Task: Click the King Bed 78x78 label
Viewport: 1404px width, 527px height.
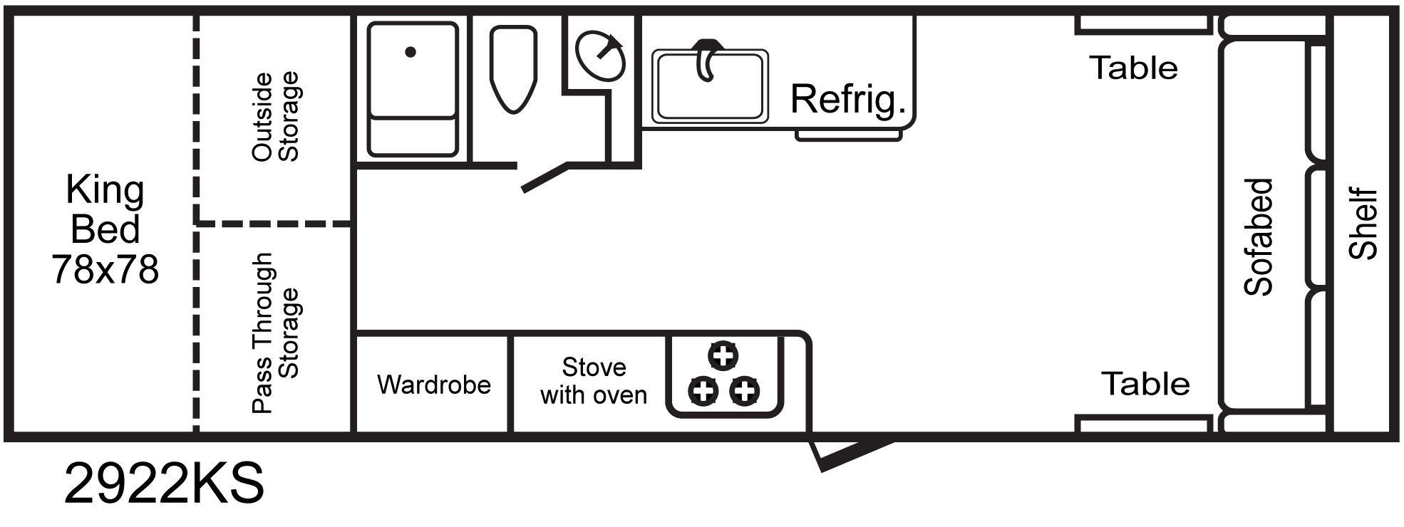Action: tap(105, 229)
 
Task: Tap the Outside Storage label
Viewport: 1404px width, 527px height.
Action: tap(275, 117)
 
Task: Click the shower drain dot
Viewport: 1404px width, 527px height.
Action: tap(411, 52)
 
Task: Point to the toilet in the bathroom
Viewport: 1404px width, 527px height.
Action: tap(513, 69)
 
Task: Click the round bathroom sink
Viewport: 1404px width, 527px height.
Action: tap(600, 56)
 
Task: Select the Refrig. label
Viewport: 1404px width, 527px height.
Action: tap(847, 99)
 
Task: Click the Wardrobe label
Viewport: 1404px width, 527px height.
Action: tap(434, 385)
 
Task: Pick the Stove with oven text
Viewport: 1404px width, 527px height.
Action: tap(594, 381)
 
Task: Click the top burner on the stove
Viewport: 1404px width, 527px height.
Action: tap(723, 355)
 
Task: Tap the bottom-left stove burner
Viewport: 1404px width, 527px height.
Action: tap(703, 390)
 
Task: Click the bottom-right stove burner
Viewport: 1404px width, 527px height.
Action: tap(745, 390)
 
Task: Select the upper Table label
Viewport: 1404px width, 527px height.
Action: tap(1133, 68)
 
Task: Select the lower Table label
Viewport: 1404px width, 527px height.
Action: tap(1145, 385)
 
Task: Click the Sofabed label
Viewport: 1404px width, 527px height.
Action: tap(1258, 236)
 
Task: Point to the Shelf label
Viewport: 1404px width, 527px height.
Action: tap(1363, 223)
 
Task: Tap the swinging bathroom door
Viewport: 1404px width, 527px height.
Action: tap(546, 177)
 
